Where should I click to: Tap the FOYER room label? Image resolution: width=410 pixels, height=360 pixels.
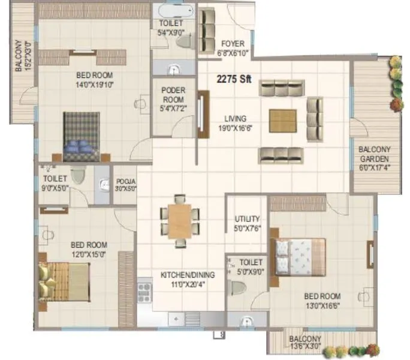(233, 44)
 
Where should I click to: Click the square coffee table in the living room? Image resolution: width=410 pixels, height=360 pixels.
(282, 121)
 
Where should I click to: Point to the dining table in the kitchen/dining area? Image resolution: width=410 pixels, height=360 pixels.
(180, 221)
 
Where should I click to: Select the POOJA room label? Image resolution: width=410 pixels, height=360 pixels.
(126, 181)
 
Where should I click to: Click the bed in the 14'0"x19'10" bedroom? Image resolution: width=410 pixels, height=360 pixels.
(82, 136)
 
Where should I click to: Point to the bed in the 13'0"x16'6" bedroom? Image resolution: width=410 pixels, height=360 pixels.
(300, 256)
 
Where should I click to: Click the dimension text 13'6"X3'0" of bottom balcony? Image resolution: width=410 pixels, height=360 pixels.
(305, 346)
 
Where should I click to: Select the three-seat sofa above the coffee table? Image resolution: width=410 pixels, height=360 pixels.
(281, 89)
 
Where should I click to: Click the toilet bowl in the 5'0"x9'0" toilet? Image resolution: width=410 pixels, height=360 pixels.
(239, 287)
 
